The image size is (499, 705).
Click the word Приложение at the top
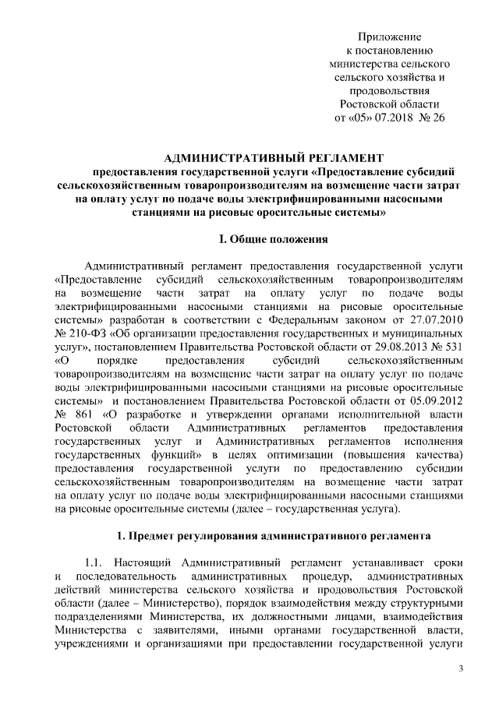tap(389, 37)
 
